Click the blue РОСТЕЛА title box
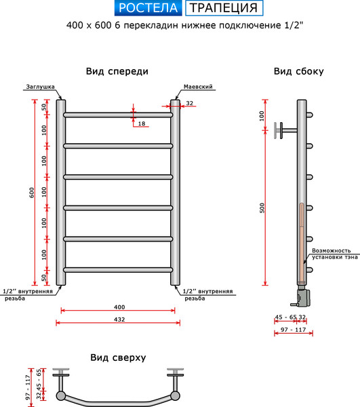[x=147, y=8]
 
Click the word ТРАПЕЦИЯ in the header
[x=223, y=8]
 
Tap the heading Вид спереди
[x=117, y=71]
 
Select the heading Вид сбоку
[x=298, y=71]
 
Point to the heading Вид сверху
[x=118, y=357]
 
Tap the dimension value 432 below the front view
[x=118, y=317]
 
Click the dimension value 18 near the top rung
[x=141, y=123]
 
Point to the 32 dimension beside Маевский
[x=189, y=103]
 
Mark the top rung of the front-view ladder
[x=118, y=115]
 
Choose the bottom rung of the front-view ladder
[x=118, y=269]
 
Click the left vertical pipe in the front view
[x=61, y=193]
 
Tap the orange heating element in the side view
[x=302, y=241]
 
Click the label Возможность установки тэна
[x=335, y=254]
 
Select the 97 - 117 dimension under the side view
[x=290, y=329]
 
